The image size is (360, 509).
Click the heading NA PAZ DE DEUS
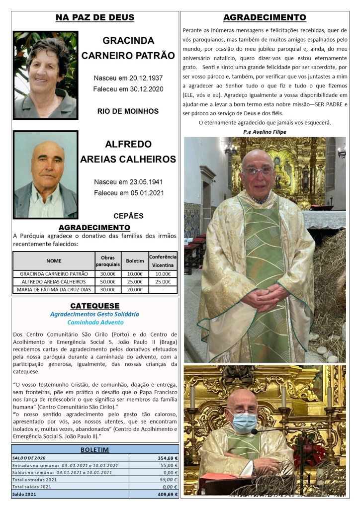coord(94,17)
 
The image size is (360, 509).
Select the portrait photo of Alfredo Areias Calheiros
coord(45,174)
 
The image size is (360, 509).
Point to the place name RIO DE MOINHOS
coord(128,111)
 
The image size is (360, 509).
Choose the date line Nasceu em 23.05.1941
coord(128,182)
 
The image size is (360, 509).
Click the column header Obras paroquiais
coord(108,260)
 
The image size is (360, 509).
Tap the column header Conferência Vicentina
coord(163,260)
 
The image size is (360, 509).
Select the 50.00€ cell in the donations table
coord(108,281)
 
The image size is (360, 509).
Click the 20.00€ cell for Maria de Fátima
coord(135,289)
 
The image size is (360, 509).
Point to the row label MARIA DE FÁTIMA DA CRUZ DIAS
coord(54,289)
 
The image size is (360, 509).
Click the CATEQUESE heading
coord(94,306)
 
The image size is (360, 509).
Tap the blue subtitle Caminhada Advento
coord(94,322)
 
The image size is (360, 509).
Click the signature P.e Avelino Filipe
coord(265,132)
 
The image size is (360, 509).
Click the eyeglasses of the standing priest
coord(259,170)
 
